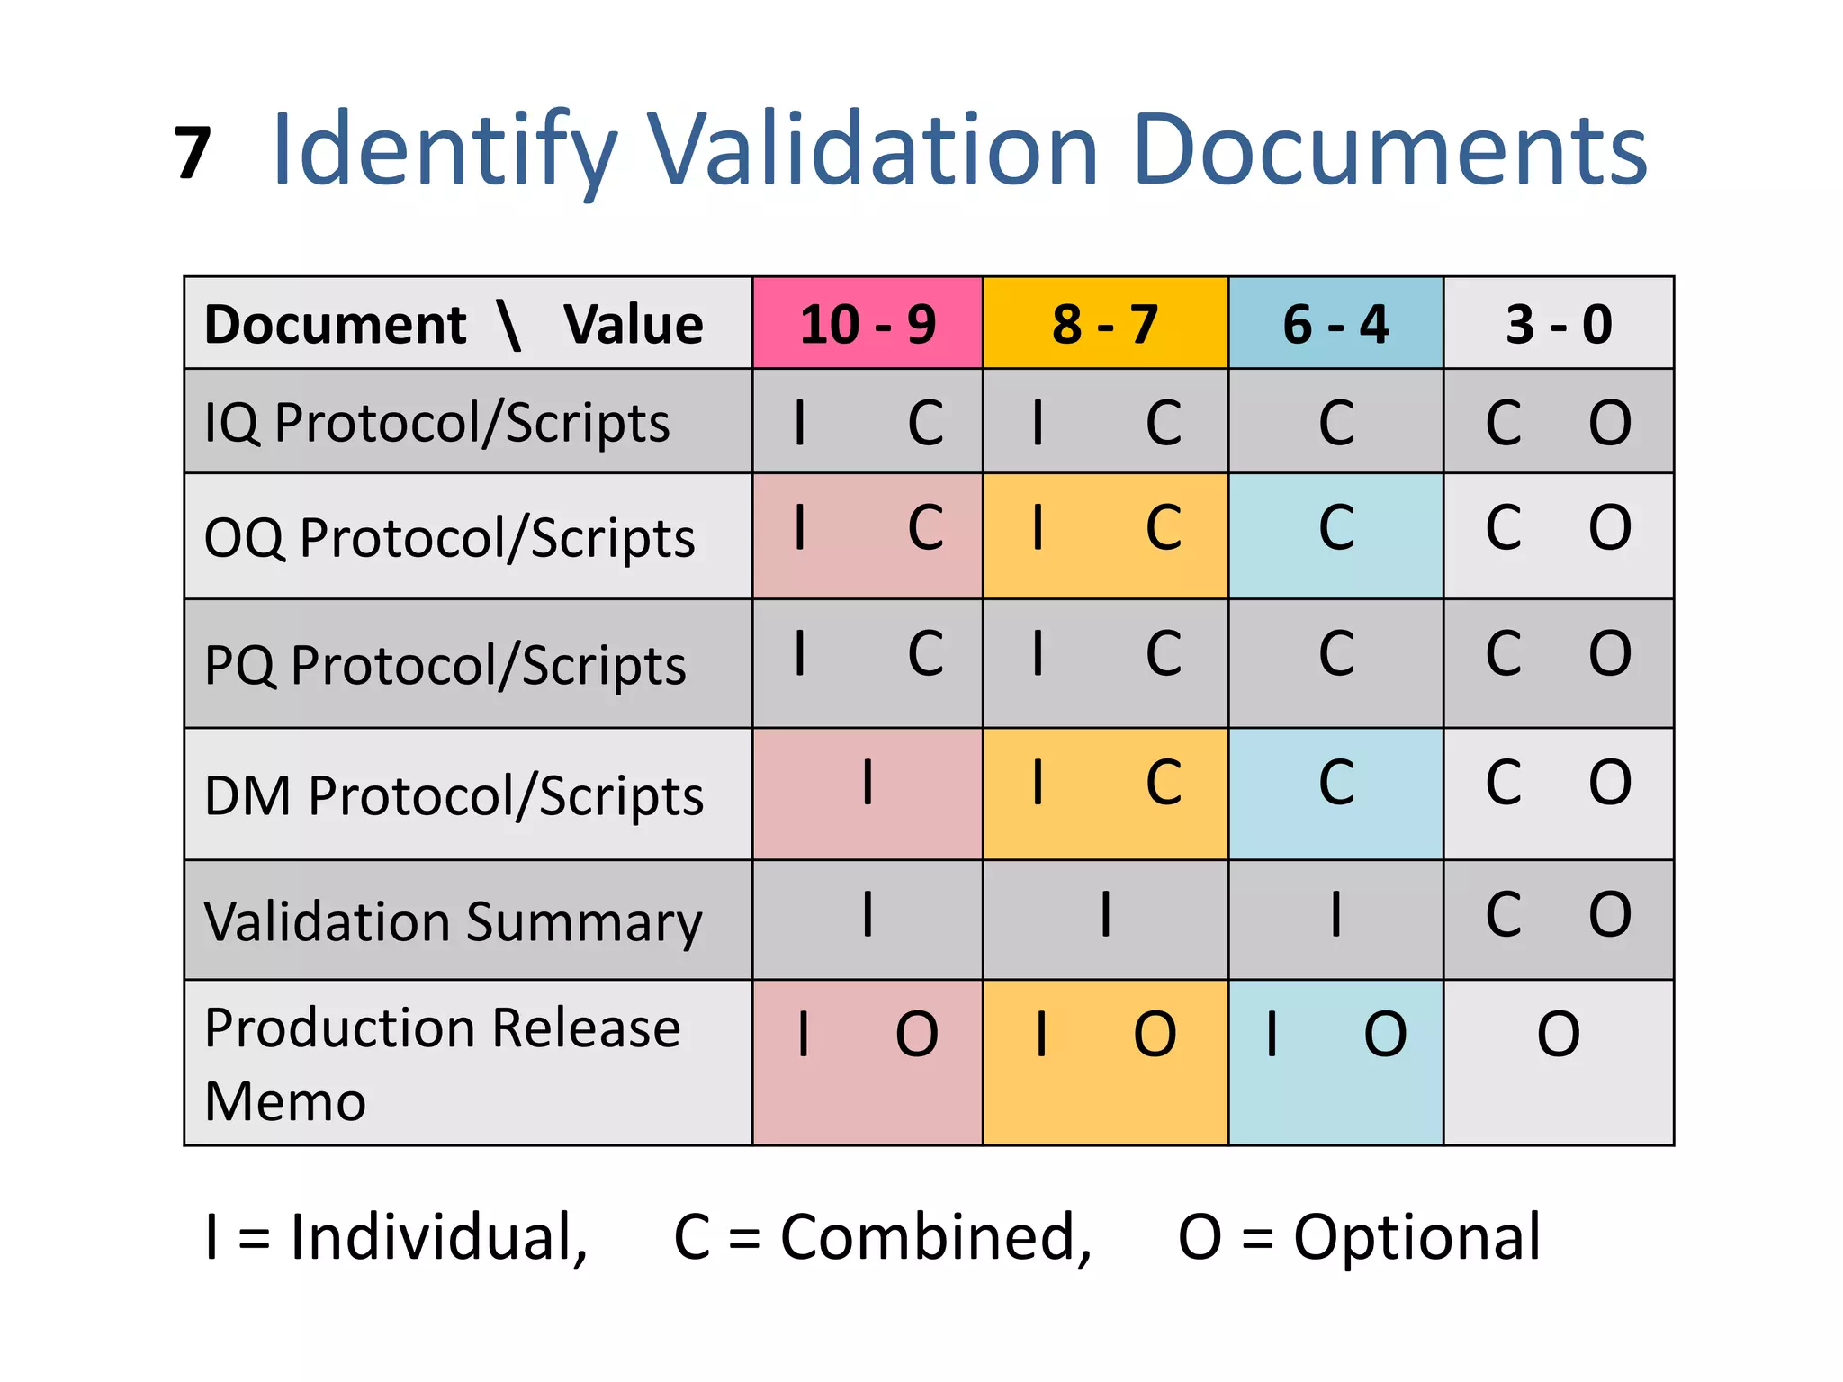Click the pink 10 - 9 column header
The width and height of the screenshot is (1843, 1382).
pos(868,324)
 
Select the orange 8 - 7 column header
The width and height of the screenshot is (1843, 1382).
pos(1105,324)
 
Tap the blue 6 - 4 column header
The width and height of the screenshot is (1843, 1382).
pos(1335,324)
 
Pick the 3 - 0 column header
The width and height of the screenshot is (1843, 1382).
pos(1559,324)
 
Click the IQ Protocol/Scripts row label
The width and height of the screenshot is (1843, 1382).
pos(437,423)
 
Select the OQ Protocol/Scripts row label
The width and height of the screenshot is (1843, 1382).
pos(449,538)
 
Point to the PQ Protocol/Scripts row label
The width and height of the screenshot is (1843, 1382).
pos(445,666)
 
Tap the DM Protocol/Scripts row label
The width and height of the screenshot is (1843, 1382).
pos(454,796)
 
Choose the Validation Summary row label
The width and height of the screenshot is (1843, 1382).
pos(453,922)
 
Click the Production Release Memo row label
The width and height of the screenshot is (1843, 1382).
pos(442,1063)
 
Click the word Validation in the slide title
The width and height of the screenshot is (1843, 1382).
pos(873,150)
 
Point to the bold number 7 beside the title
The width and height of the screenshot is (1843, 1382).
pos(193,153)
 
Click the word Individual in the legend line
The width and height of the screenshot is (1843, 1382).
pos(438,1238)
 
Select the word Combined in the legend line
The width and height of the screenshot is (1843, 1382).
pos(936,1238)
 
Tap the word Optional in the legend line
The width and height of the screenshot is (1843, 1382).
pos(1416,1238)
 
